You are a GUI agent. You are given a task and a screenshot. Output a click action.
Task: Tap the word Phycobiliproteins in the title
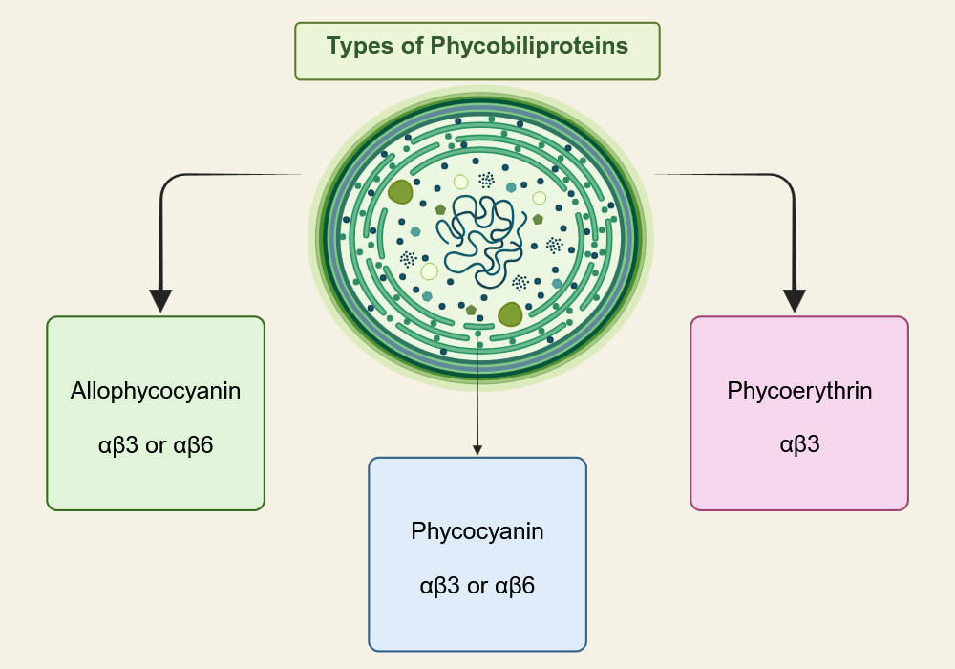point(529,46)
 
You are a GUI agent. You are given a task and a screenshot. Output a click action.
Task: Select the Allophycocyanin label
point(155,391)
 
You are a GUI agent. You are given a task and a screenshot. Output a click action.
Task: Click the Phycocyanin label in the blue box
point(477,531)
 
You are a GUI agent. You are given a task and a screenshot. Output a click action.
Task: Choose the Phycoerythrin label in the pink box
point(799,391)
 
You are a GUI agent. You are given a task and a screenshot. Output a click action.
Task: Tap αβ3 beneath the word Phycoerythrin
point(799,444)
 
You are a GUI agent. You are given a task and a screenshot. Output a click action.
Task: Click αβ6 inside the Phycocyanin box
point(515,585)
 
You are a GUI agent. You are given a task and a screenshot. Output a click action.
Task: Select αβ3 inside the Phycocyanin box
point(440,585)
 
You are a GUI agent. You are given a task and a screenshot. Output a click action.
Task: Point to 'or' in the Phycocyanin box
point(477,585)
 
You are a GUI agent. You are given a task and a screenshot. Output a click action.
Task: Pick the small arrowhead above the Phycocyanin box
point(477,449)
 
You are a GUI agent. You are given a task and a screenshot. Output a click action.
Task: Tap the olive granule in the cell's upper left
point(400,191)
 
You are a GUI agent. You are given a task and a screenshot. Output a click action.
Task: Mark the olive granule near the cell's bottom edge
point(510,313)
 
